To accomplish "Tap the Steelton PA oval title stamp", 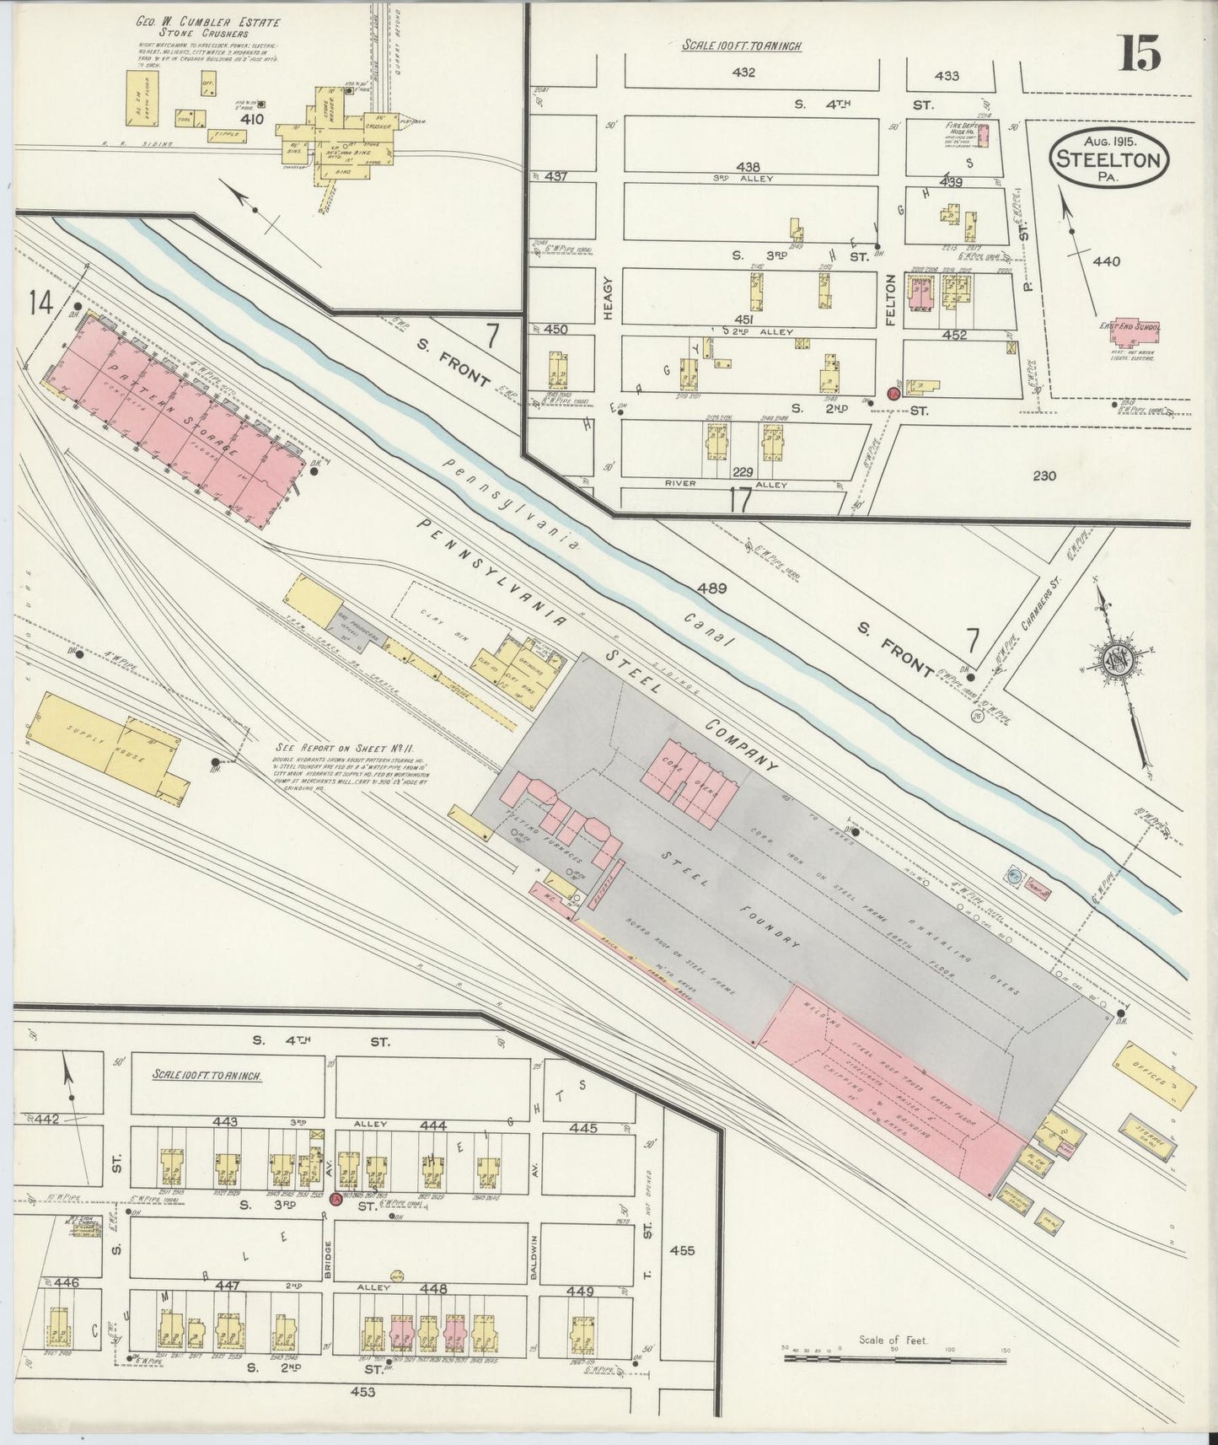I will tap(1109, 156).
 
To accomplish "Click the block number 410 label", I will tap(251, 119).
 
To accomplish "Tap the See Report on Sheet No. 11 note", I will tap(338, 748).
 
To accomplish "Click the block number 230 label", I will tap(1043, 475).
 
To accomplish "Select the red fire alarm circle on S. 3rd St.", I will tap(335, 1199).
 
